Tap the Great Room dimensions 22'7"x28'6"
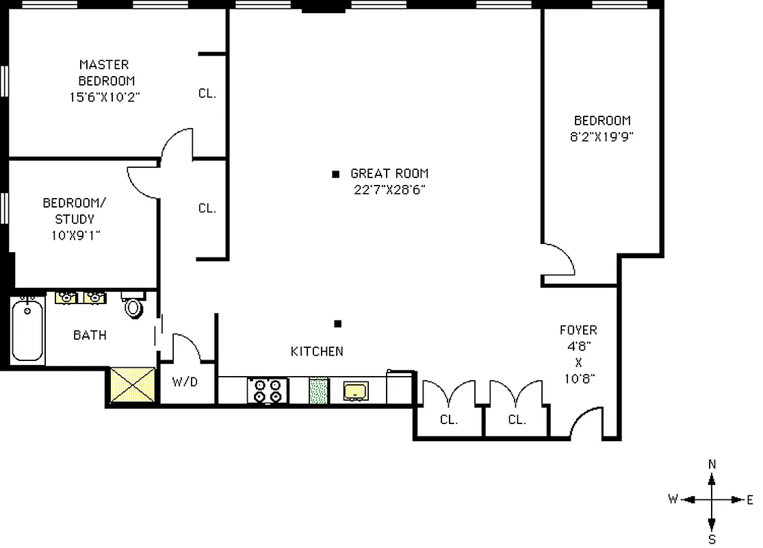click(391, 190)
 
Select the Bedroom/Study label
click(68, 211)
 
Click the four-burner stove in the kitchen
click(268, 390)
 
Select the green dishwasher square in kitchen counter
click(319, 390)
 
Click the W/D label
click(185, 382)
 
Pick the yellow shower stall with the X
click(133, 386)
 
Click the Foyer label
click(578, 330)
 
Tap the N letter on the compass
click(712, 464)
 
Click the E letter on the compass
click(750, 499)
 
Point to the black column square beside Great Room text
click(335, 174)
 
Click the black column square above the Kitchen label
click(337, 323)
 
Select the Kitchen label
click(317, 351)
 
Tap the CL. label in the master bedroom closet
click(207, 94)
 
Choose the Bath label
click(90, 335)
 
